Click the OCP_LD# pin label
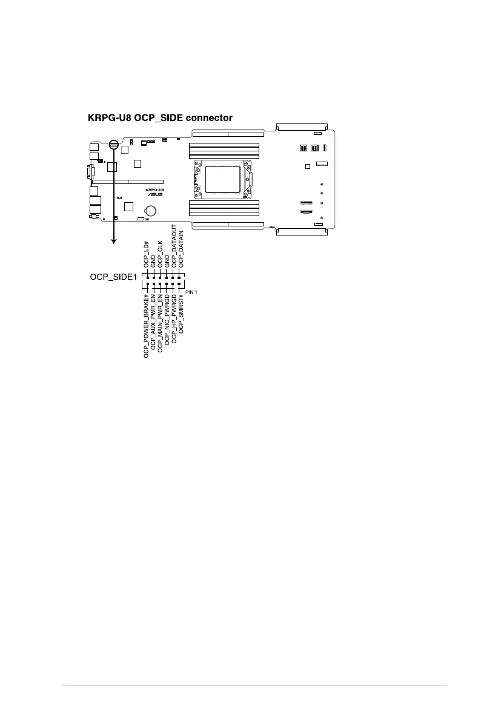pos(146,254)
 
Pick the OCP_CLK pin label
pos(160,254)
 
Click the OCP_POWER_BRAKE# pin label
pos(146,326)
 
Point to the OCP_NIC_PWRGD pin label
pos(167,321)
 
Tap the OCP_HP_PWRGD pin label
pos(174,320)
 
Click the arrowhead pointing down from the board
pos(113,242)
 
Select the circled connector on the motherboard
pos(113,145)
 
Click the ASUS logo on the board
pos(154,195)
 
